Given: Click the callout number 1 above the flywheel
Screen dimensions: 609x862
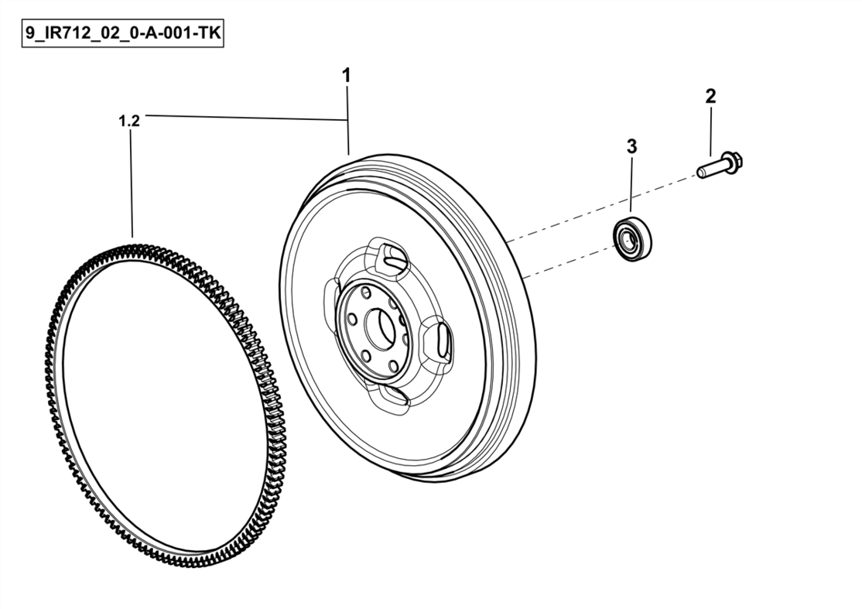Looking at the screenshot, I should [x=347, y=76].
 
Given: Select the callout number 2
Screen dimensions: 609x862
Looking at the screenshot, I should [x=710, y=97].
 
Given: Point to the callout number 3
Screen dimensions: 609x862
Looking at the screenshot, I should [x=631, y=146].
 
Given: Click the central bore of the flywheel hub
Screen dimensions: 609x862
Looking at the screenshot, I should [x=378, y=328].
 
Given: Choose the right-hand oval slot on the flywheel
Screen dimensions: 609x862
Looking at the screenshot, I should [x=437, y=342].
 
